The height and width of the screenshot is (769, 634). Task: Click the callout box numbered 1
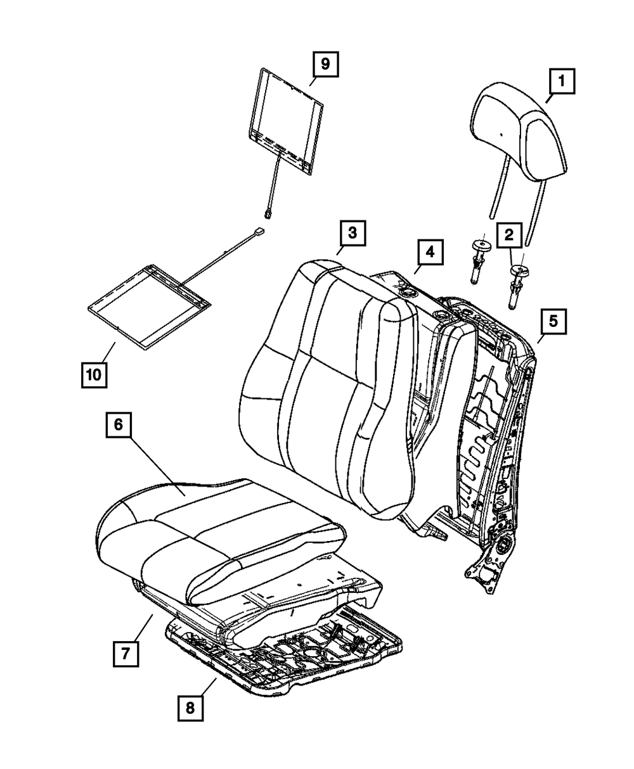[x=562, y=81]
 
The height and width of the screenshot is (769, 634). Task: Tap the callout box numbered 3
[x=352, y=234]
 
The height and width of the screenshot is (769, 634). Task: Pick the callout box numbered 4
[x=430, y=251]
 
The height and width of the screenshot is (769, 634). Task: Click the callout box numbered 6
[x=119, y=426]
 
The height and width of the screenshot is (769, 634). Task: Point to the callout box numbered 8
[x=191, y=708]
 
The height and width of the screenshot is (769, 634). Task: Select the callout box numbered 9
[x=325, y=64]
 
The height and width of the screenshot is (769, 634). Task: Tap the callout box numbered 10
[x=94, y=374]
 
